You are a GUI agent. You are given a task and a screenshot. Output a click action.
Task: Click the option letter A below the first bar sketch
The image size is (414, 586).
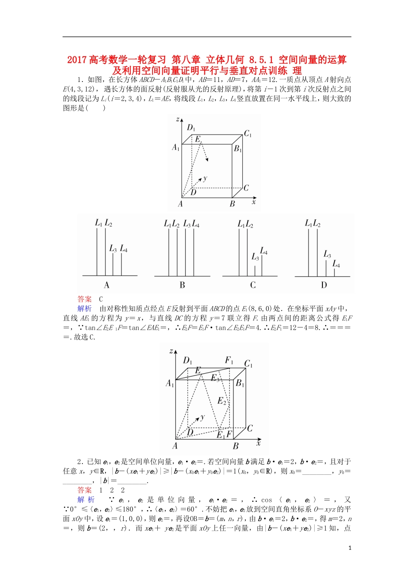pyautogui.click(x=106, y=285)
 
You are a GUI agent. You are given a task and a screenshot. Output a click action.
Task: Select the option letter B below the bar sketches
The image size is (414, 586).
pyautogui.click(x=182, y=285)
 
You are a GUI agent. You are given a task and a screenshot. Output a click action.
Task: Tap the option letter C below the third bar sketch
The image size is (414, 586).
pyautogui.click(x=253, y=285)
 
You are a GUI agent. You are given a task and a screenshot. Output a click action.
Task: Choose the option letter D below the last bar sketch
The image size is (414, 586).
pyautogui.click(x=324, y=285)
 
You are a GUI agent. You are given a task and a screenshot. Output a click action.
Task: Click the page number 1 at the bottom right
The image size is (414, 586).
pyautogui.click(x=350, y=548)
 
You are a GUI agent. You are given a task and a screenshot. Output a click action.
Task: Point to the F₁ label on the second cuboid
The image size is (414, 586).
pyautogui.click(x=229, y=360)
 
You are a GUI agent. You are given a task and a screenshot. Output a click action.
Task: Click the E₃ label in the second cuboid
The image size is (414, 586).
pyautogui.click(x=215, y=378)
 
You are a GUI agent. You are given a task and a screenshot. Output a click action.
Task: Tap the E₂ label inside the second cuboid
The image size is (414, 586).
pyautogui.click(x=222, y=401)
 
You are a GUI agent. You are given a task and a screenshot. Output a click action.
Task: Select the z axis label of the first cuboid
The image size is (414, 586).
pyautogui.click(x=177, y=119)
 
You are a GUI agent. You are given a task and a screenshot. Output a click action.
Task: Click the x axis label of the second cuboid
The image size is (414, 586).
pyautogui.click(x=258, y=443)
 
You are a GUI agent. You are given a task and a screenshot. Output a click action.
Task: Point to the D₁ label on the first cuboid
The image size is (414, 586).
pyautogui.click(x=191, y=127)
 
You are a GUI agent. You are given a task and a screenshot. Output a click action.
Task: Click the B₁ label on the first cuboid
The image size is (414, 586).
pyautogui.click(x=238, y=149)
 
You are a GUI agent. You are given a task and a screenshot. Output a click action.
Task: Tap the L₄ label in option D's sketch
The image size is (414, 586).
pyautogui.click(x=336, y=264)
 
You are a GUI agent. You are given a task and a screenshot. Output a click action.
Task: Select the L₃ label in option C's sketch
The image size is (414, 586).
pyautogui.click(x=255, y=257)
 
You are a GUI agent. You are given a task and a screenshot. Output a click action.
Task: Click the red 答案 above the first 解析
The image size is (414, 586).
pyautogui.click(x=85, y=299)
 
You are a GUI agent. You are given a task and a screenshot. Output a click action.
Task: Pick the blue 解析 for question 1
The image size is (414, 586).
pyautogui.click(x=85, y=309)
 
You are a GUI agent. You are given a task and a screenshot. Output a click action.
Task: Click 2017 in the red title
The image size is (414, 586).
pyautogui.click(x=77, y=60)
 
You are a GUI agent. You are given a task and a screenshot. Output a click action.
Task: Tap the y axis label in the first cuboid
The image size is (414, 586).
pyautogui.click(x=205, y=178)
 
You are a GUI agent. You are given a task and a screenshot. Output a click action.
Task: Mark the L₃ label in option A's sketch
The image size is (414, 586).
pyautogui.click(x=113, y=249)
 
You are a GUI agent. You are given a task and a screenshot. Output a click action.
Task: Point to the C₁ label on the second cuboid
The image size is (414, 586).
pyautogui.click(x=248, y=364)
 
